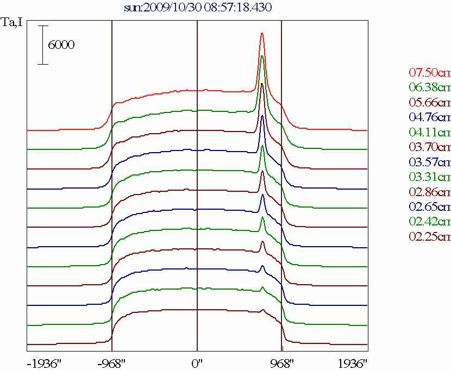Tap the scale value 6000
pyautogui.click(x=61, y=45)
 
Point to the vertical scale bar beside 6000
pyautogui.click(x=43, y=45)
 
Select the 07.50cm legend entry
pyautogui.click(x=429, y=73)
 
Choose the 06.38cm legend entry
pyautogui.click(x=429, y=87)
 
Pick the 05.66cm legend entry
pyautogui.click(x=429, y=102)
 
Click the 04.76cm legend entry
pyautogui.click(x=429, y=117)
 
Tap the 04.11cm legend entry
pyautogui.click(x=429, y=132)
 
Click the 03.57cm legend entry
pyautogui.click(x=429, y=162)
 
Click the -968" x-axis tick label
pyautogui.click(x=111, y=362)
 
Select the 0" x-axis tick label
pyautogui.click(x=197, y=362)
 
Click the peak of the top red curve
pyautogui.click(x=262, y=33)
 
